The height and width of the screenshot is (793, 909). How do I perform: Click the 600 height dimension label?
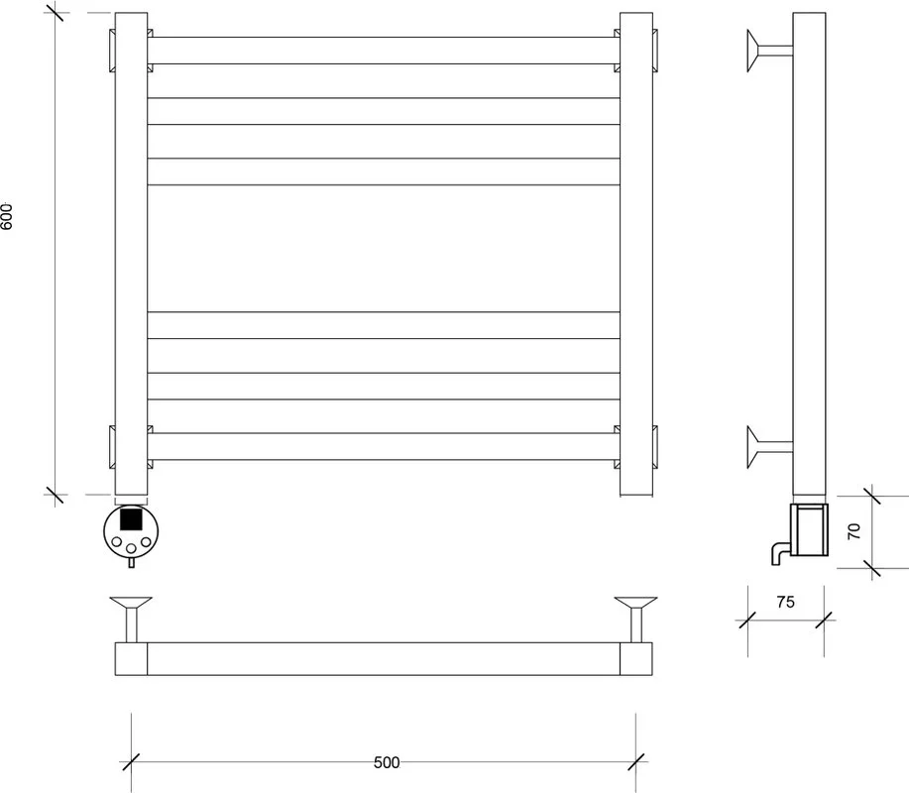(x=6, y=216)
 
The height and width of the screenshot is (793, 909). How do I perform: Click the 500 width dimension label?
(x=387, y=762)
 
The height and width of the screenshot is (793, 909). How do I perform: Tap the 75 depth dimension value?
(x=785, y=603)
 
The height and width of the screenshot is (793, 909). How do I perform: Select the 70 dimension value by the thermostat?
(x=853, y=531)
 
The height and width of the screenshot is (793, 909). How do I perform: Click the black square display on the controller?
(x=131, y=518)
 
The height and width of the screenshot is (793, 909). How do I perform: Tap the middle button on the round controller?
(x=131, y=548)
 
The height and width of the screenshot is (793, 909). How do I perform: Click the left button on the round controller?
(x=117, y=542)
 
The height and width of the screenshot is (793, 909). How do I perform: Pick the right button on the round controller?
(x=146, y=542)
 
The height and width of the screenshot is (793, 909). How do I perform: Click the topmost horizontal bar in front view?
(x=384, y=51)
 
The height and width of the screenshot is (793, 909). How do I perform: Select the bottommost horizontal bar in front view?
(x=384, y=446)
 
